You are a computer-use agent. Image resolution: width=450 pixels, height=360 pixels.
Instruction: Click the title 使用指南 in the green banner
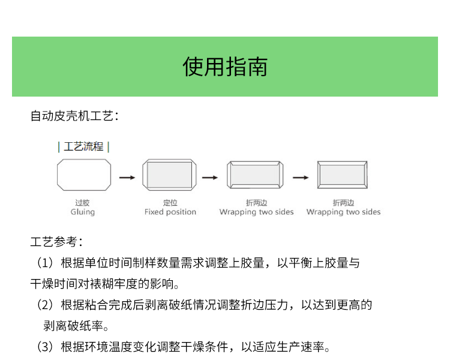pyautogui.click(x=225, y=67)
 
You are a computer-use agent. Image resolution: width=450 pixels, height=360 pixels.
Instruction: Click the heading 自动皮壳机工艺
pyautogui.click(x=72, y=116)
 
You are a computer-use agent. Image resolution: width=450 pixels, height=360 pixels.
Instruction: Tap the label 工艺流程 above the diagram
pyautogui.click(x=83, y=146)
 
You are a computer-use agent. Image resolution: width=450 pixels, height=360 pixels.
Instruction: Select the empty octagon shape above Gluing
pyautogui.click(x=84, y=175)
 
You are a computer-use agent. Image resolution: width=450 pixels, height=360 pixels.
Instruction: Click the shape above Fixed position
pyautogui.click(x=170, y=175)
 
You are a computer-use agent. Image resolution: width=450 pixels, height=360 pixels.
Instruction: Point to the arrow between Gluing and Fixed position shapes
pyautogui.click(x=127, y=178)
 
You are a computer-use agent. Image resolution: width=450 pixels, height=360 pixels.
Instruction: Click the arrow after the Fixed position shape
pyautogui.click(x=210, y=178)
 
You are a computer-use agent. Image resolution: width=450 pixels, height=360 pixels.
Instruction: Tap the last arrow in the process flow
pyautogui.click(x=301, y=178)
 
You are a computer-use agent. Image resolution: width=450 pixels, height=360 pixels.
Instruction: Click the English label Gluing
pyautogui.click(x=83, y=212)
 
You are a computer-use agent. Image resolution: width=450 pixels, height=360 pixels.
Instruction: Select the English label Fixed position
pyautogui.click(x=170, y=212)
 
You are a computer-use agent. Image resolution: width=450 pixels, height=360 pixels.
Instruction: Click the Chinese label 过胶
pyautogui.click(x=82, y=203)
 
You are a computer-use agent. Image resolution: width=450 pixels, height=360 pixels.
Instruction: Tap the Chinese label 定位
pyautogui.click(x=170, y=203)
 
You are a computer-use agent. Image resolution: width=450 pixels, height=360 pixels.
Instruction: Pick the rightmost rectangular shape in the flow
pyautogui.click(x=343, y=175)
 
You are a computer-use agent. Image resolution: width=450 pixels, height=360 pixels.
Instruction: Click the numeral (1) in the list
pyautogui.click(x=46, y=263)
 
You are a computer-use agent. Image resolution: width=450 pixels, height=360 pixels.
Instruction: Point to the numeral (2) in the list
pyautogui.click(x=46, y=305)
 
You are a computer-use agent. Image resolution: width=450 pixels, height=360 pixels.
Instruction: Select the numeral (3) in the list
pyautogui.click(x=46, y=347)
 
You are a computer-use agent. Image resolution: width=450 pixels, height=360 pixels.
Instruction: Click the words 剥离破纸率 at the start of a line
pyautogui.click(x=73, y=326)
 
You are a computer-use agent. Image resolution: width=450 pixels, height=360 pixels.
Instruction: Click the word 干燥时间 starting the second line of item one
pyautogui.click(x=54, y=284)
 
